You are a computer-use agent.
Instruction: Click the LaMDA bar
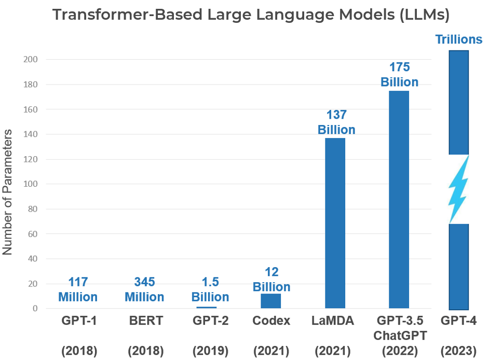tap(335, 223)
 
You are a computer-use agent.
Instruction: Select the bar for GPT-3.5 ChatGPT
tap(399, 200)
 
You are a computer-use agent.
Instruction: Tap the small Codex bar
tap(271, 301)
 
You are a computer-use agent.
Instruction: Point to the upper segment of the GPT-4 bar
tap(458, 102)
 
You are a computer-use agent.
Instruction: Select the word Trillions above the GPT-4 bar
tap(458, 39)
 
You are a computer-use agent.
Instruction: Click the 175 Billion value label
tap(399, 75)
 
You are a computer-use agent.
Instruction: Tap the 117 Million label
tap(78, 289)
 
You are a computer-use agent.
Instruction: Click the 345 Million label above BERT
tap(144, 289)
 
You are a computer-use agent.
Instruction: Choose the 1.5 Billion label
tap(210, 289)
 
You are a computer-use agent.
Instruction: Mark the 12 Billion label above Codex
tap(271, 280)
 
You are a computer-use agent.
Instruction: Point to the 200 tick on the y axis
tap(31, 59)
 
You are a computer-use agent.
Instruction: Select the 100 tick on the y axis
tap(31, 184)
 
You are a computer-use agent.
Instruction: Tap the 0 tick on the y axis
tap(35, 309)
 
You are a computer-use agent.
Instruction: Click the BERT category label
tap(146, 321)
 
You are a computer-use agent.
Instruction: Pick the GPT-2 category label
tap(210, 321)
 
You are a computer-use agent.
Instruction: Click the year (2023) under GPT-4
tap(458, 351)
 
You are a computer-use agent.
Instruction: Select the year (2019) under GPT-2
tap(210, 351)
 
